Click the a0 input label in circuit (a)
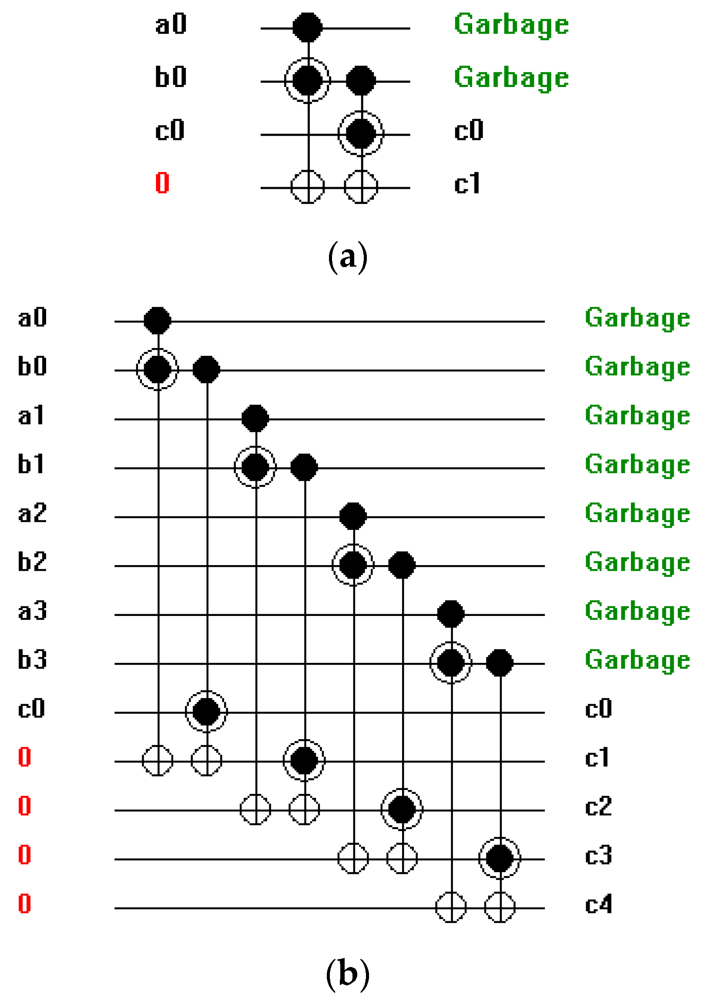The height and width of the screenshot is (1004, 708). pyautogui.click(x=171, y=24)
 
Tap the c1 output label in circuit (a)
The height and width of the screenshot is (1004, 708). pyautogui.click(x=467, y=184)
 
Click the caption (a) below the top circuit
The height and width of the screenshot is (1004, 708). pyautogui.click(x=348, y=258)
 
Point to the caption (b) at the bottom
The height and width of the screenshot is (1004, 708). pyautogui.click(x=348, y=974)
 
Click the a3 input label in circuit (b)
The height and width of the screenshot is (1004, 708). pyautogui.click(x=32, y=611)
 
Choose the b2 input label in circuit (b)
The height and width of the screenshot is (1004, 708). pyautogui.click(x=32, y=562)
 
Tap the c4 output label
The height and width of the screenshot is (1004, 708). pyautogui.click(x=598, y=904)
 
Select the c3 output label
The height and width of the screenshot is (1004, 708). pyautogui.click(x=598, y=855)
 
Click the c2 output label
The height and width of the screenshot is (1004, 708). pyautogui.click(x=598, y=807)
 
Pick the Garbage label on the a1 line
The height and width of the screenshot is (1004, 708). pyautogui.click(x=638, y=416)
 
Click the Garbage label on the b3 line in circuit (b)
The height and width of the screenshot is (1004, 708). pyautogui.click(x=638, y=660)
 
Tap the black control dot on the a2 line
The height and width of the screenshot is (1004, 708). pyautogui.click(x=353, y=516)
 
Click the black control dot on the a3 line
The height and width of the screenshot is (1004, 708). pyautogui.click(x=451, y=614)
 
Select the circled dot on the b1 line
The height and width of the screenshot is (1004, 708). pyautogui.click(x=255, y=467)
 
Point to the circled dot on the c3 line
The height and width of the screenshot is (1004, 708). pyautogui.click(x=500, y=858)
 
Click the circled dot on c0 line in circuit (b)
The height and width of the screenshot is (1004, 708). pyautogui.click(x=206, y=712)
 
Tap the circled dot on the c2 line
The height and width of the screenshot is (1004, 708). pyautogui.click(x=402, y=810)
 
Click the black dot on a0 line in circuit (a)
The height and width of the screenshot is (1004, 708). pyautogui.click(x=307, y=27)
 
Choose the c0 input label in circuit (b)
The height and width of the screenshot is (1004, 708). pyautogui.click(x=31, y=709)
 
